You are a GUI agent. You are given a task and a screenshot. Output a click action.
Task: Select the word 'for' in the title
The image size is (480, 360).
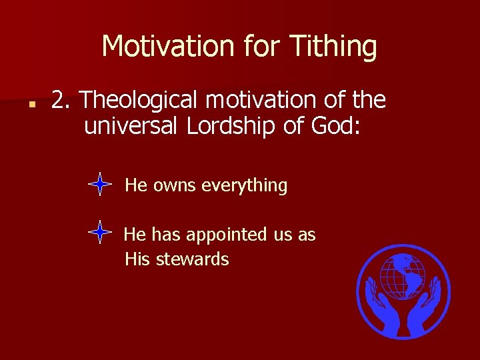pos(259,47)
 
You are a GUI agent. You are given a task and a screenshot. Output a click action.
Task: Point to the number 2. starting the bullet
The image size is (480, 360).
pos(62,100)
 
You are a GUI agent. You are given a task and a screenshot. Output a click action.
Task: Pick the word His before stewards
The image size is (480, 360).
pos(138,259)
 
